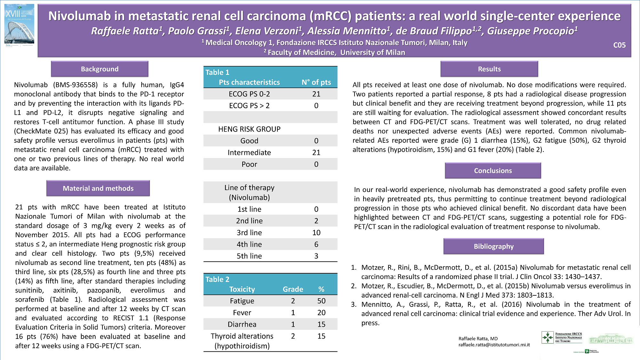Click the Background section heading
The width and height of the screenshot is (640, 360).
point(100,69)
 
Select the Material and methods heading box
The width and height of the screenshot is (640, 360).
point(98,188)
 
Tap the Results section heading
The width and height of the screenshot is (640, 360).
point(489,69)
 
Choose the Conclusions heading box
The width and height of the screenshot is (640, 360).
point(493,171)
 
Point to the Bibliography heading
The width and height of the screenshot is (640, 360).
point(493,246)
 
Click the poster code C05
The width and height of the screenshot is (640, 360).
point(619,45)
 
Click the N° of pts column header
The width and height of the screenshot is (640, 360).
point(316,82)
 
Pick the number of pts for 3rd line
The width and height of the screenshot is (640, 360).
point(316,233)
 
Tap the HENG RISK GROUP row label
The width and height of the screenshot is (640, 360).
point(249,129)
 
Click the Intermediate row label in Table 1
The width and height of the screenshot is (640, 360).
point(249,153)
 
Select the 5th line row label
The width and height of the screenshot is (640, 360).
point(249,256)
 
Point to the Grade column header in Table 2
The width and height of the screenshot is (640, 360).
point(293,289)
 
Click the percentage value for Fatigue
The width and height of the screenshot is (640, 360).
point(321,301)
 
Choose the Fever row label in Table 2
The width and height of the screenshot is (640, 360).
point(242,313)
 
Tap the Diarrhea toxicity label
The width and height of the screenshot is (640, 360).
point(242,324)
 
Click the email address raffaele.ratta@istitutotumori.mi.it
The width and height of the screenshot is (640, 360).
point(494,345)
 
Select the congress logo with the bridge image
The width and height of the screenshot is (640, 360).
point(20,25)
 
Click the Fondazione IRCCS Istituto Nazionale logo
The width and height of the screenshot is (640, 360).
point(562,338)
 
